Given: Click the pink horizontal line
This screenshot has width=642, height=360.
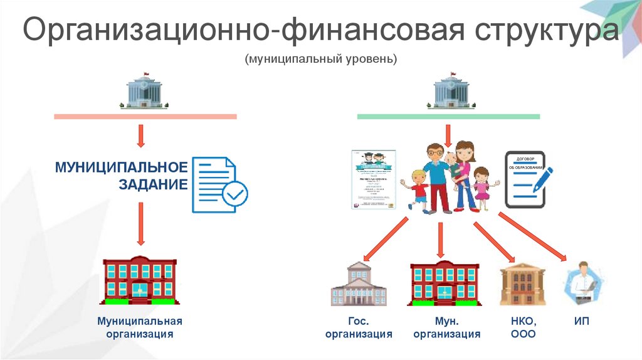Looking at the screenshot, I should (145, 117).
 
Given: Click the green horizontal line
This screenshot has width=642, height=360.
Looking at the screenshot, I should (448, 117).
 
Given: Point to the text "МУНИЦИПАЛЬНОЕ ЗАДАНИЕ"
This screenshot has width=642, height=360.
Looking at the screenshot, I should (121, 176).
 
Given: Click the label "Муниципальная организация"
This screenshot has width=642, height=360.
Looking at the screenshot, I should (139, 327).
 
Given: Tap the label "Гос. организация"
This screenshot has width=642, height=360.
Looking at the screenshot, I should (359, 328).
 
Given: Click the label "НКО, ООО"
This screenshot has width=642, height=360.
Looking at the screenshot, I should (524, 328).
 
